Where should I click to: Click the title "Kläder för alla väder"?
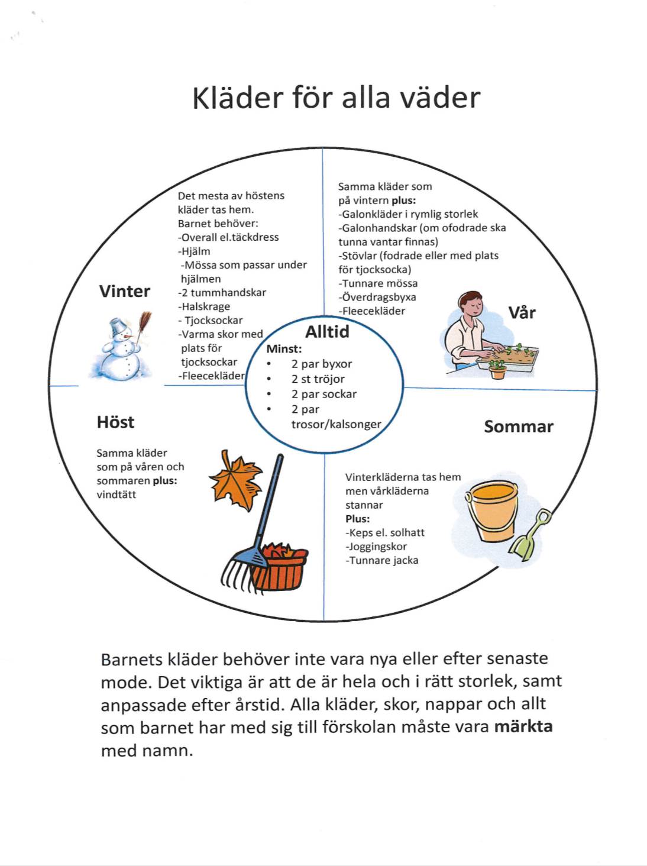pyautogui.click(x=336, y=98)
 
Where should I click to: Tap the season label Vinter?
pyautogui.click(x=124, y=291)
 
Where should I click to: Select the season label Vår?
pyautogui.click(x=522, y=312)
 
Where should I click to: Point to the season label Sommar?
pyautogui.click(x=518, y=426)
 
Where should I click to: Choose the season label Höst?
pyautogui.click(x=115, y=422)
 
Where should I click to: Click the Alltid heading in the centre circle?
pyautogui.click(x=327, y=332)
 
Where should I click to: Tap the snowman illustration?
pyautogui.click(x=121, y=349)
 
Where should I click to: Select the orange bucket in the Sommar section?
pyautogui.click(x=493, y=510)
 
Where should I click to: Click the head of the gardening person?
pyautogui.click(x=471, y=305)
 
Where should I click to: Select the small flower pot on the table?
pyautogui.click(x=497, y=370)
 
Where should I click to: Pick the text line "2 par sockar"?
pyautogui.click(x=323, y=394)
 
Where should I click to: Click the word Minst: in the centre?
pyautogui.click(x=284, y=349)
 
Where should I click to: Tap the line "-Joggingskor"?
pyautogui.click(x=377, y=547)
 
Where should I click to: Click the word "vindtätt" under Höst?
pyautogui.click(x=117, y=495)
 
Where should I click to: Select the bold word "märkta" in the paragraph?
pyautogui.click(x=523, y=726)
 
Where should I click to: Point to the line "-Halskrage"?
pyautogui.click(x=204, y=306)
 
